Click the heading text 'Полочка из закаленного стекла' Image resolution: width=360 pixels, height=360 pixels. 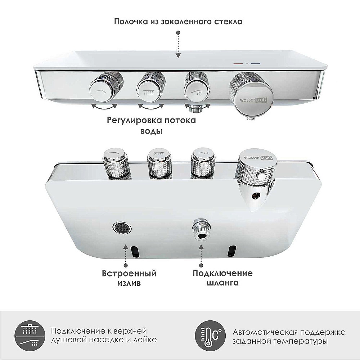coord(178,21)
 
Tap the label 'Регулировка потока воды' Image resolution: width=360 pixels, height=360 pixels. coord(151,125)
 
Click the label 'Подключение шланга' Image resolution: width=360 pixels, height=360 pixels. coord(222,278)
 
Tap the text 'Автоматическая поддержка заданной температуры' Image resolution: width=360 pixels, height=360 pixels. coord(289,336)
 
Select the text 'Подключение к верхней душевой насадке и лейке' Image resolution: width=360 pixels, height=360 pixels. coord(104,336)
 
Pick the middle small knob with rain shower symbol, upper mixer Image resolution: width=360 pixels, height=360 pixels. coord(151,88)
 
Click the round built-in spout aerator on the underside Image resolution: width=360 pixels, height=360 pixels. coord(122,228)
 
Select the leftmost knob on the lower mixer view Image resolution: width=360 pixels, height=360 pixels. coord(116,164)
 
